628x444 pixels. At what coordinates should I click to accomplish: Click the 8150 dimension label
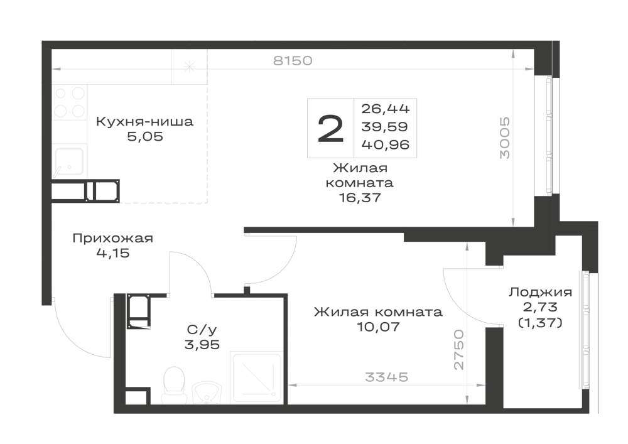point(293,60)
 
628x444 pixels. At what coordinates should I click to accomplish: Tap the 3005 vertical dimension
point(505,138)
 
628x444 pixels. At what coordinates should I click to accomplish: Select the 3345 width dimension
point(386,377)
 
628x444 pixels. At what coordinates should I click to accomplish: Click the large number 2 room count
point(330,128)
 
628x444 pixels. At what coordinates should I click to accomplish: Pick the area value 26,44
point(386,109)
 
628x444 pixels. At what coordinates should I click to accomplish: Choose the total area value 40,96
point(386,144)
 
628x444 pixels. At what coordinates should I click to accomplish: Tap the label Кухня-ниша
point(144,121)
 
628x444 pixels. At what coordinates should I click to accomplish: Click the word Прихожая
point(112,239)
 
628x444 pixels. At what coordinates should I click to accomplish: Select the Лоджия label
point(540,293)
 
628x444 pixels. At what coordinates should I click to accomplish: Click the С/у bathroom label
point(202,330)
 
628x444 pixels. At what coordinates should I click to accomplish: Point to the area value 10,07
point(379,327)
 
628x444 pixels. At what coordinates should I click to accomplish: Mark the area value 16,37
point(359,198)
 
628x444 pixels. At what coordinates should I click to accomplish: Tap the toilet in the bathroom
point(174,384)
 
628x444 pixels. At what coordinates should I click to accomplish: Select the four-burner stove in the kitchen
point(69,102)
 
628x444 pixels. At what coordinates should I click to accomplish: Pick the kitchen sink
point(69,161)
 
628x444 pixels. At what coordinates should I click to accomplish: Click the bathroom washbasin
point(207,393)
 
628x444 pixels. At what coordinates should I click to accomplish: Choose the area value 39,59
point(384,126)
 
